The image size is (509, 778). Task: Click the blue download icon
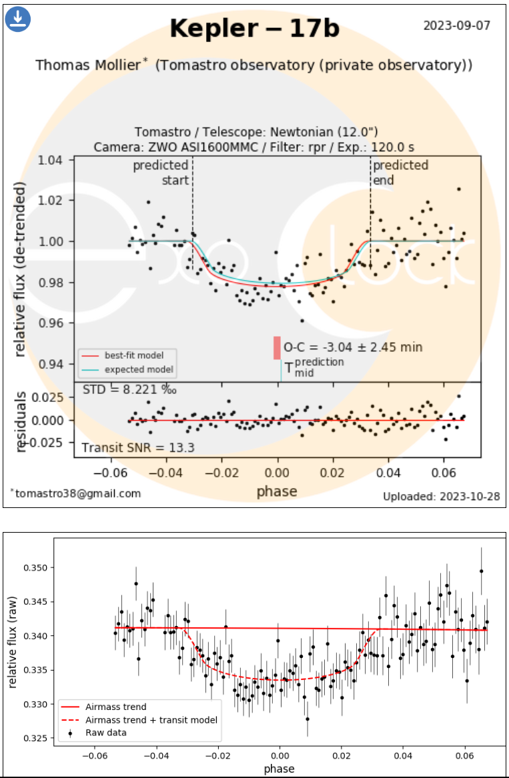coord(18,19)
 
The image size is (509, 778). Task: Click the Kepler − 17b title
coord(254,29)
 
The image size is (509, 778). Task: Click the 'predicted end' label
coord(400,173)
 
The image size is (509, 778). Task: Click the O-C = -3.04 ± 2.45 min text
coord(353,347)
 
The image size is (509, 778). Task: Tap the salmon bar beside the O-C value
coord(277,348)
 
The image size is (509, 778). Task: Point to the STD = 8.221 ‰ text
coord(129,389)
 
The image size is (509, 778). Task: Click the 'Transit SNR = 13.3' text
coord(138,447)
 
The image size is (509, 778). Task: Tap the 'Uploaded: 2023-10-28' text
coord(441,497)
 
